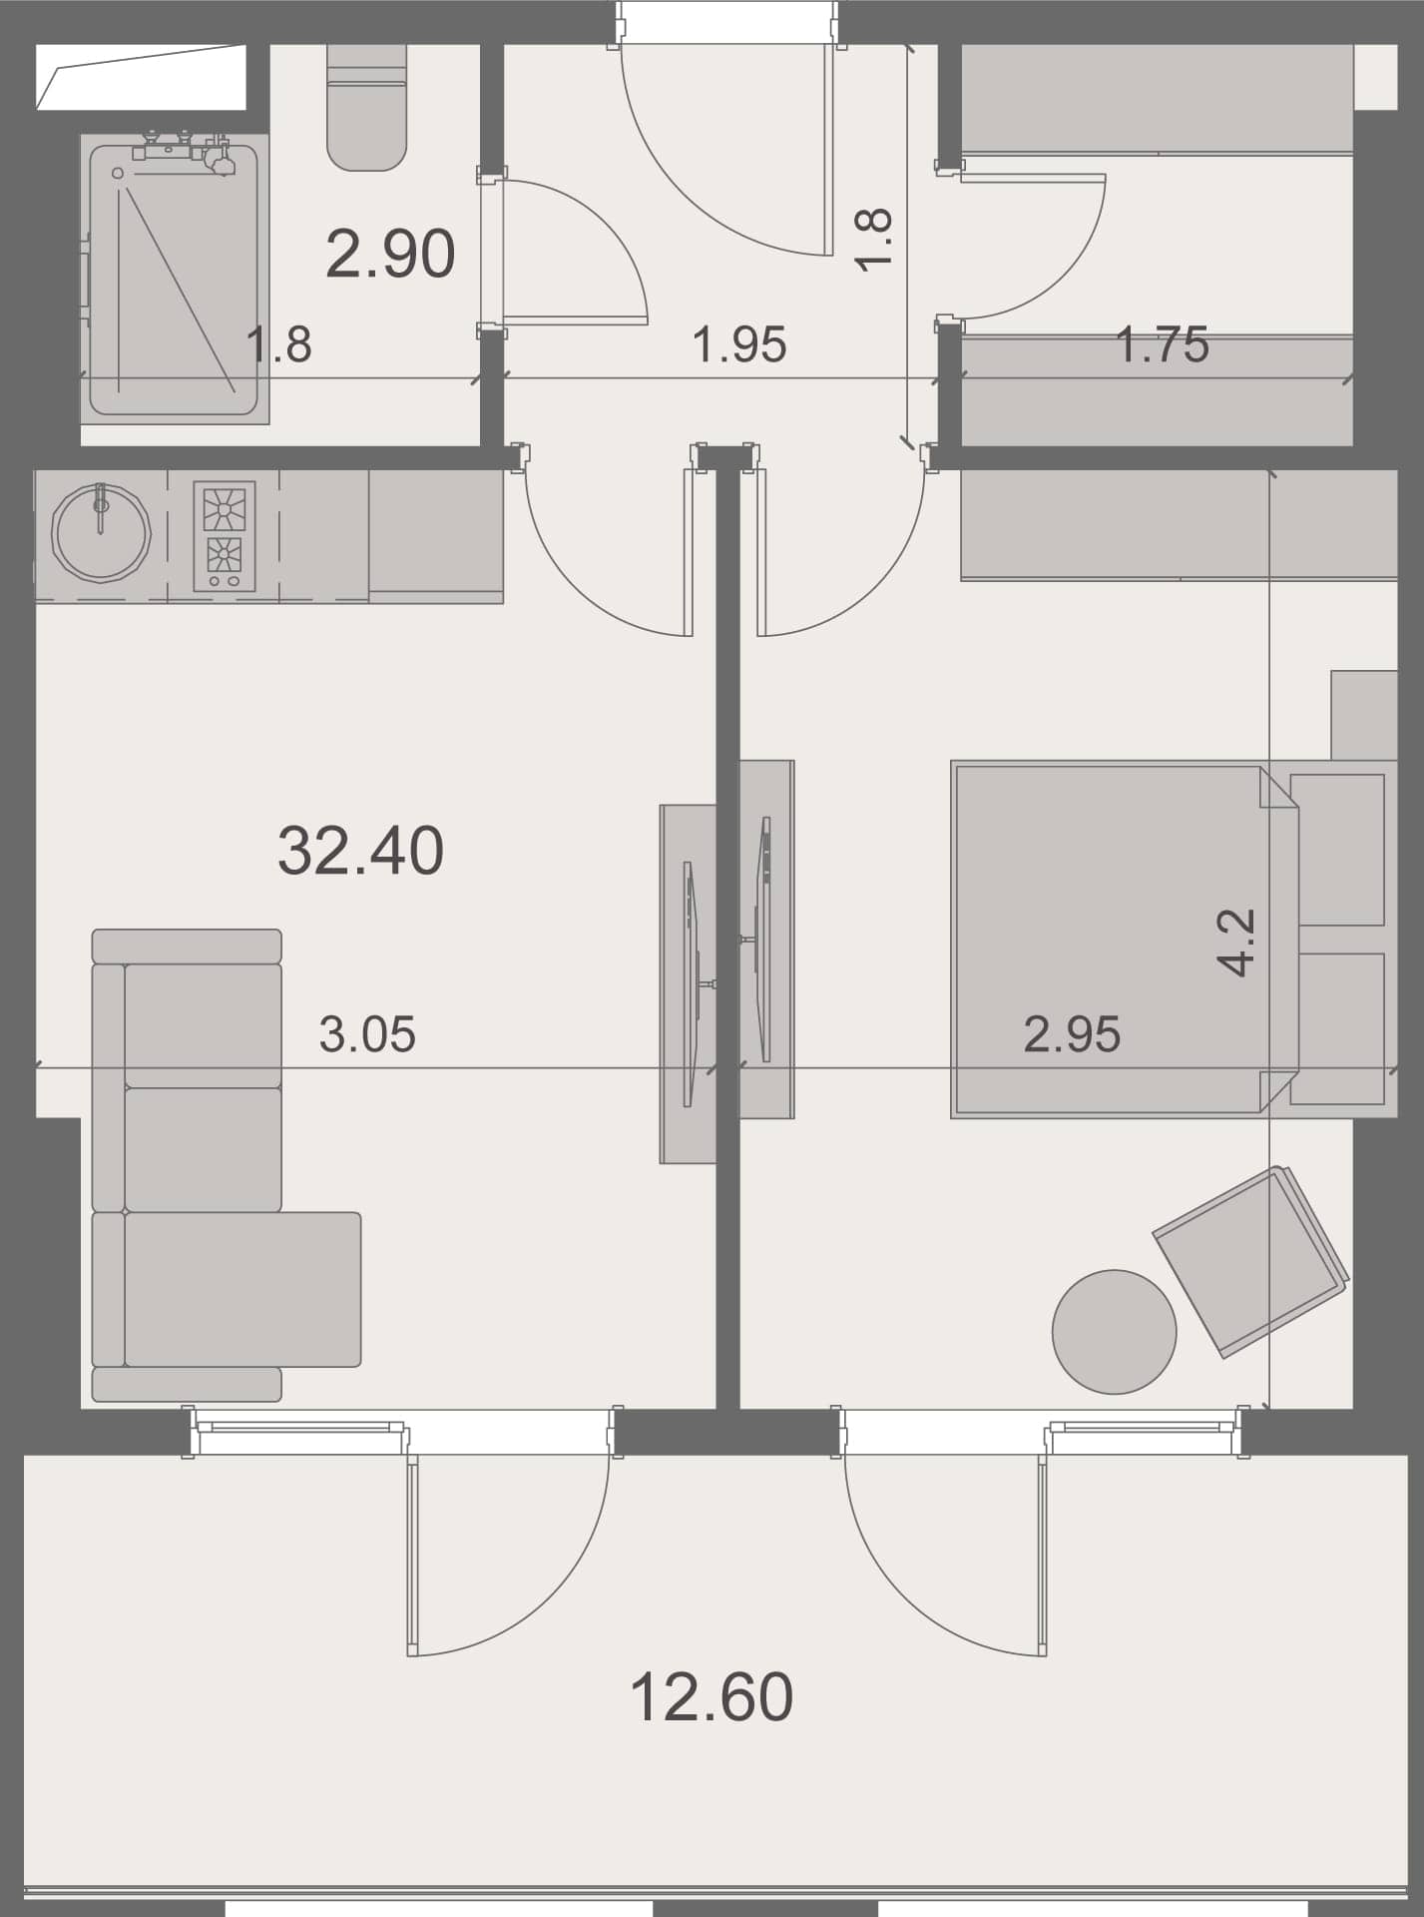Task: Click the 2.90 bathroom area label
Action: (390, 255)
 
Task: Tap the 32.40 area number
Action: (360, 851)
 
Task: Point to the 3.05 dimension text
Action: (367, 1034)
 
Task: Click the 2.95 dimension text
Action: (1072, 1034)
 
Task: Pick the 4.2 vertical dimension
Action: (1236, 942)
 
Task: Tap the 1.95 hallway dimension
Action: (739, 345)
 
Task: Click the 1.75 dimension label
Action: (1162, 345)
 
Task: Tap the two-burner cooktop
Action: (224, 536)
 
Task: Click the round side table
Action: (1114, 1331)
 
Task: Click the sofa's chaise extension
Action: (241, 1288)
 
